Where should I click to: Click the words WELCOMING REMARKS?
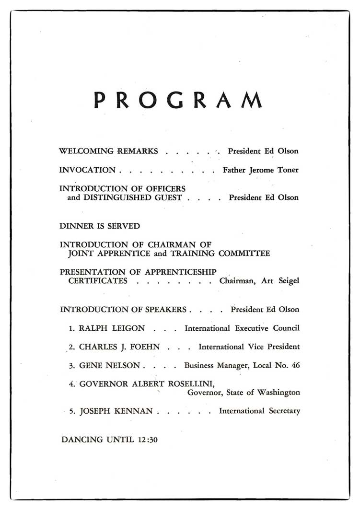pyautogui.click(x=108, y=151)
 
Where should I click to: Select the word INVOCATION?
pyautogui.click(x=87, y=170)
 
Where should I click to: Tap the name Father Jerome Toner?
pyautogui.click(x=261, y=170)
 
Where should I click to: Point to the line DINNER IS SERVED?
pyautogui.click(x=100, y=226)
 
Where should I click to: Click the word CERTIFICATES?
pyautogui.click(x=98, y=281)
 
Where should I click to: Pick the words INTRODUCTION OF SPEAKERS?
pyautogui.click(x=123, y=310)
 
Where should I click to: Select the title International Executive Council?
pyautogui.click(x=242, y=328)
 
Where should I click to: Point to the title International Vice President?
pyautogui.click(x=249, y=347)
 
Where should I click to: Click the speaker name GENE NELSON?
pyautogui.click(x=109, y=365)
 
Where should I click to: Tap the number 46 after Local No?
pyautogui.click(x=295, y=365)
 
